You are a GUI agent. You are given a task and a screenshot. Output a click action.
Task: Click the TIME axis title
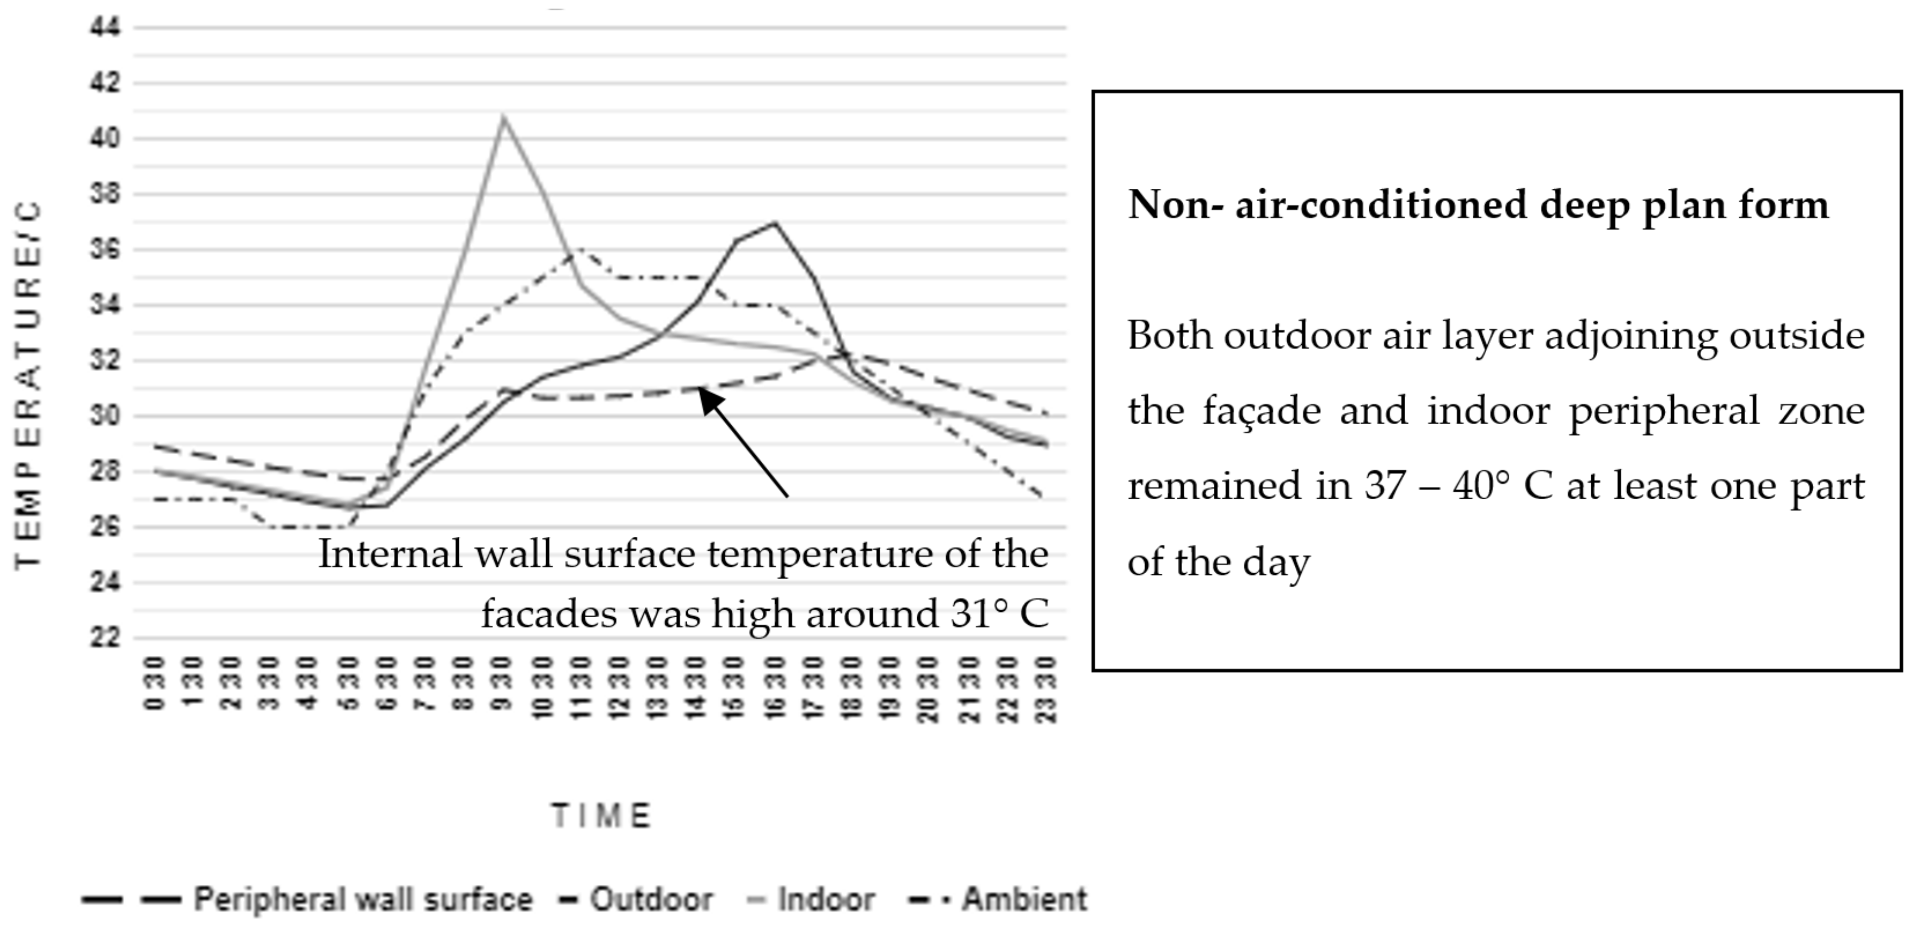click(602, 816)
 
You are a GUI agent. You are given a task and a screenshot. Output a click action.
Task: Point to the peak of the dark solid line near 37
click(775, 223)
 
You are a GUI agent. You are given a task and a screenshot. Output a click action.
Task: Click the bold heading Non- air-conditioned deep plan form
click(1478, 205)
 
